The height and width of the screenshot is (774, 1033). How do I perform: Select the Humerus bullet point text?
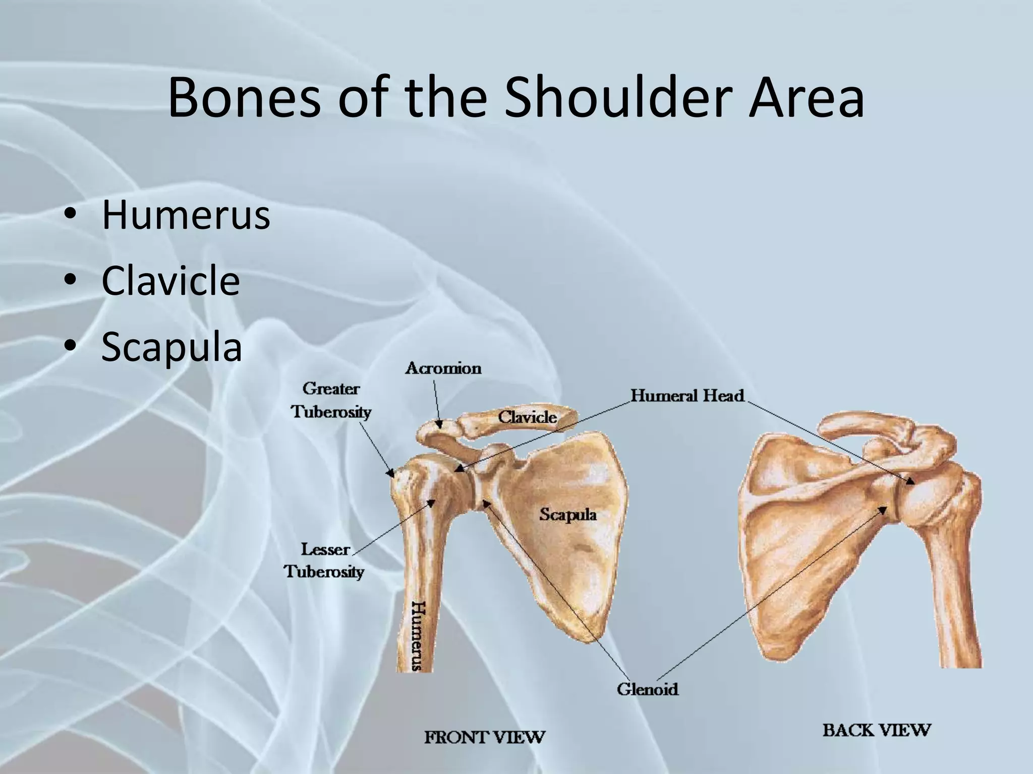click(186, 215)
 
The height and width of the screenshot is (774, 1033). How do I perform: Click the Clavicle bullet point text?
click(170, 281)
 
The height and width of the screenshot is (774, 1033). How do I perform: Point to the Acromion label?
click(443, 368)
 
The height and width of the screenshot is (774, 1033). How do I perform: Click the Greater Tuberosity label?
click(331, 400)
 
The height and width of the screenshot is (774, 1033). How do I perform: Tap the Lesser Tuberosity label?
click(324, 560)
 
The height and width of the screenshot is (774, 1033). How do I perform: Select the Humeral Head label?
click(687, 396)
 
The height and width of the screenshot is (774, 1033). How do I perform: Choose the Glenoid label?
click(647, 688)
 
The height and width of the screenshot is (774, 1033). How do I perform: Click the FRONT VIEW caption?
click(484, 737)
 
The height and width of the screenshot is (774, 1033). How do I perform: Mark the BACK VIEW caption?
click(877, 730)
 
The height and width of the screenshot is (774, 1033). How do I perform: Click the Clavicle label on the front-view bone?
click(527, 417)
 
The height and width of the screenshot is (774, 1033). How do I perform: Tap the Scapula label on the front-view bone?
click(568, 514)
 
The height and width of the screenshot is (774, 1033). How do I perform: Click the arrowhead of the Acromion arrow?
click(440, 425)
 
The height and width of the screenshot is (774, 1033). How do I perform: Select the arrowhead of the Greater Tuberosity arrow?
click(392, 474)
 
